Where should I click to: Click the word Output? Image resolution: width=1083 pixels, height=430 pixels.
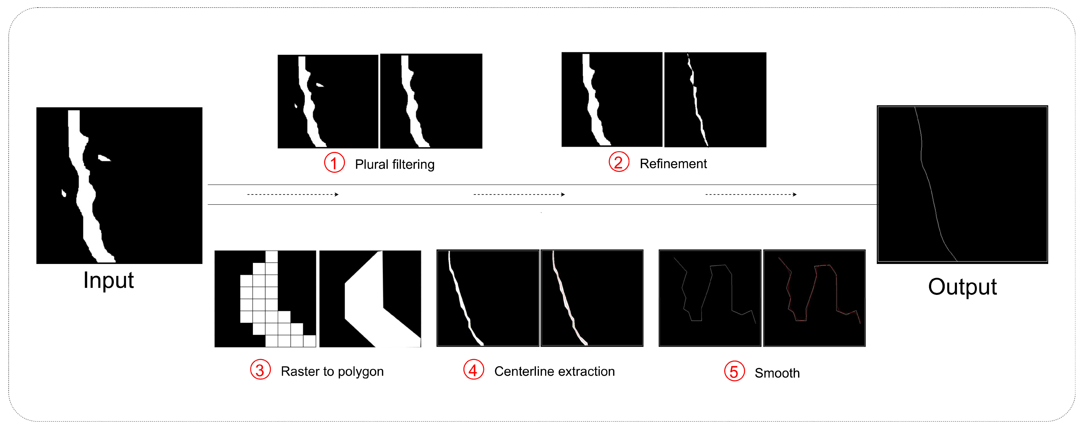[962, 287]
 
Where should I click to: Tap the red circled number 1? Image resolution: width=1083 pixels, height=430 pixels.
[334, 163]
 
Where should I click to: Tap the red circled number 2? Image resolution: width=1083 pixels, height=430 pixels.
[619, 162]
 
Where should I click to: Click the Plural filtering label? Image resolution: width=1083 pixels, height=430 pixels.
[395, 164]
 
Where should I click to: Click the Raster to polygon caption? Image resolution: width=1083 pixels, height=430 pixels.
[332, 371]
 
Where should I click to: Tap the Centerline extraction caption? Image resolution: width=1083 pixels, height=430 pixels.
[554, 371]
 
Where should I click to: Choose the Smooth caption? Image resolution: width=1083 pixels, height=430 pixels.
[777, 373]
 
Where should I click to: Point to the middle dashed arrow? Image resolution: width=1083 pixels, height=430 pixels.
[519, 195]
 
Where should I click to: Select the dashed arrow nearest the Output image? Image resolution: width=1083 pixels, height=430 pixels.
[751, 195]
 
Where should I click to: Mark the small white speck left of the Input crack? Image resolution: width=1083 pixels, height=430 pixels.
[64, 193]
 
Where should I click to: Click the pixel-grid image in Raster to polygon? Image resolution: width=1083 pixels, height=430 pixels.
[265, 299]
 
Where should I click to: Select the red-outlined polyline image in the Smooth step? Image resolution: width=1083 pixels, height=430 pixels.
[814, 298]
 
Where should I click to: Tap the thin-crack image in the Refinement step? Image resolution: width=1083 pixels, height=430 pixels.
[715, 100]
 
